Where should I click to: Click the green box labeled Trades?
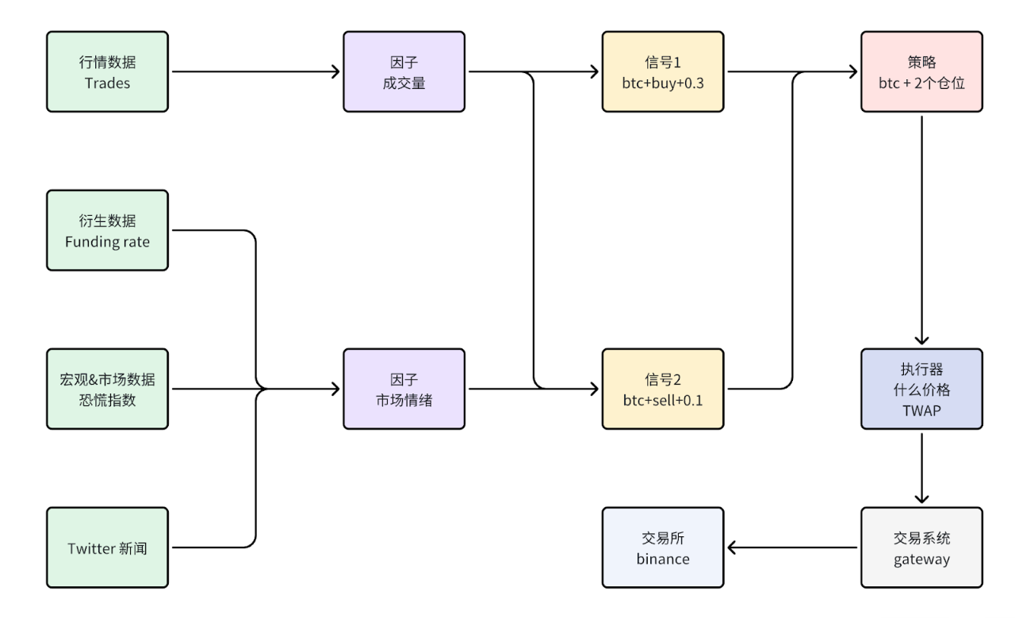pos(107,71)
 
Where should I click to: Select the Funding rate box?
pos(107,230)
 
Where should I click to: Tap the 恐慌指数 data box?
pos(107,389)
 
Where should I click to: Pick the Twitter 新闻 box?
pos(107,547)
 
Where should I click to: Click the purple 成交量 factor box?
pos(404,71)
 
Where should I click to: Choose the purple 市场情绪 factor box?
pos(404,389)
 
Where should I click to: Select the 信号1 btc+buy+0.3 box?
pos(663,71)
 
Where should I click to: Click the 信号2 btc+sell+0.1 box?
pos(663,389)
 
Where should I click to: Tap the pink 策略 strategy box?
pos(921,71)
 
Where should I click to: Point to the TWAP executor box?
pos(921,389)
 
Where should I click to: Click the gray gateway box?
pos(921,547)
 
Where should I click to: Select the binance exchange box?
pos(663,547)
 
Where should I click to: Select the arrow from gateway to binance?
pos(793,547)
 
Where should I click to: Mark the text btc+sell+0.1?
pos(663,400)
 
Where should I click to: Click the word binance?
pos(663,559)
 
